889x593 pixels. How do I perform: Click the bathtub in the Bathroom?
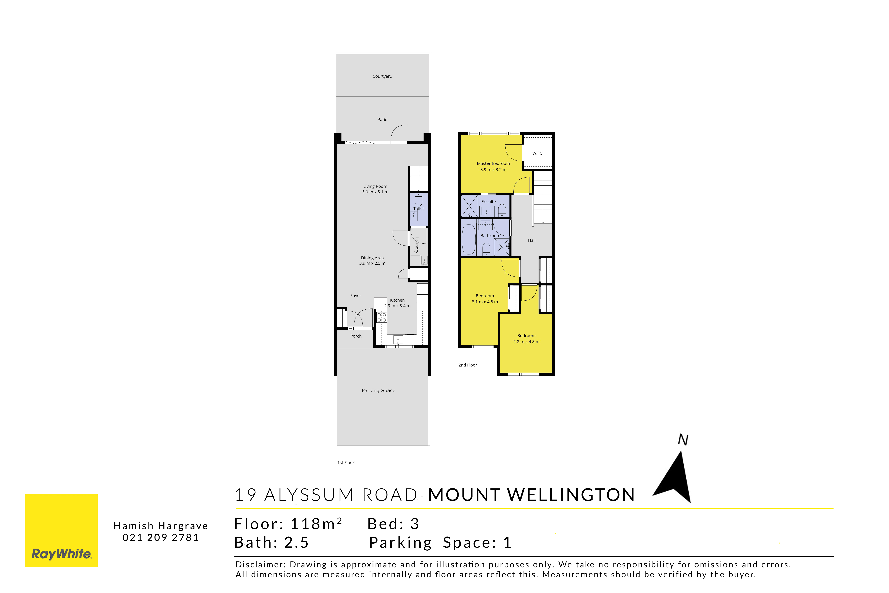tap(469, 239)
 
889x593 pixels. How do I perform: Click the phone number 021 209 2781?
tap(161, 537)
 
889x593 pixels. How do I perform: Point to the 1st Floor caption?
tap(346, 463)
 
